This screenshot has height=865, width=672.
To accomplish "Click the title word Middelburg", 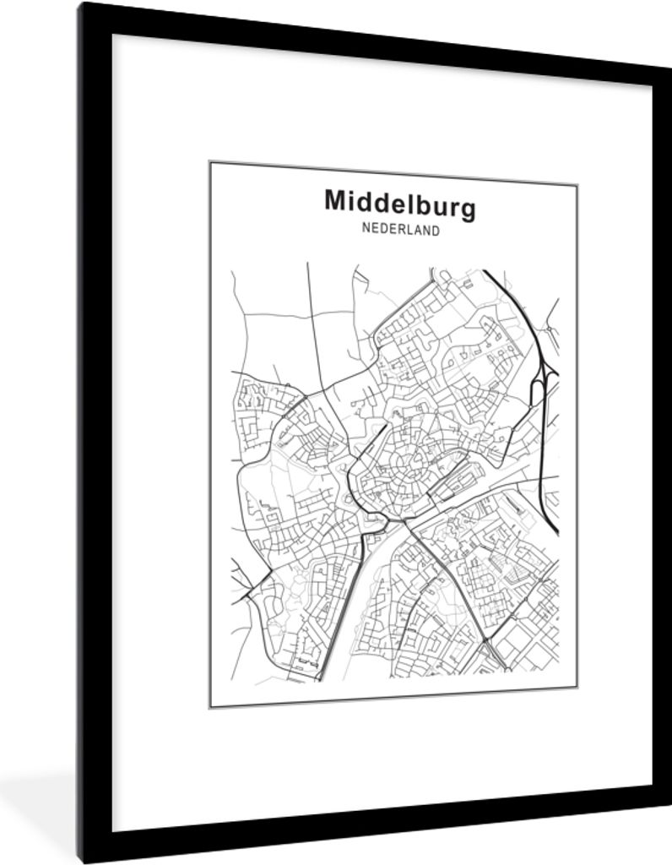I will pyautogui.click(x=399, y=204).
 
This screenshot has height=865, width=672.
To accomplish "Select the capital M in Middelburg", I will pyautogui.click(x=336, y=202).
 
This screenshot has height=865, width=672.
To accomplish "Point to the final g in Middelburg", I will pyautogui.click(x=467, y=206).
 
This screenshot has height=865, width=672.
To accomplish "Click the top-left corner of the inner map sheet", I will pyautogui.click(x=211, y=162).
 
